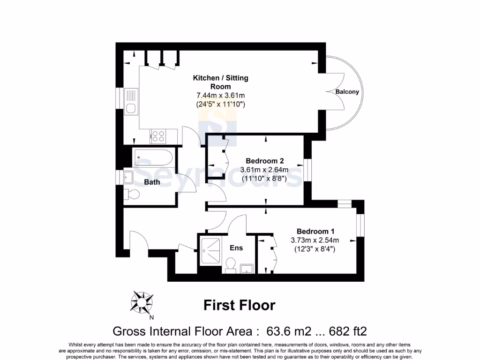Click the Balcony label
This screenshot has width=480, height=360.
click(347, 92)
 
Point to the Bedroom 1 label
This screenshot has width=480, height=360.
click(315, 231)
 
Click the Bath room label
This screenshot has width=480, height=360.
click(151, 182)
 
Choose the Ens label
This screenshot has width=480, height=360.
click(236, 247)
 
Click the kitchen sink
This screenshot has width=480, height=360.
click(130, 102)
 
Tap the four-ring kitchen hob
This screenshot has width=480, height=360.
click(158, 136)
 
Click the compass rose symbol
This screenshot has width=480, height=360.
click(142, 302)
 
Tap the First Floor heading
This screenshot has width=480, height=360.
click(239, 306)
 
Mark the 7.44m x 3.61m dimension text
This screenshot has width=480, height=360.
click(220, 96)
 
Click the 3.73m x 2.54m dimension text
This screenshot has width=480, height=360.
click(315, 240)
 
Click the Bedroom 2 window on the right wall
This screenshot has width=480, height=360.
click(307, 170)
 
